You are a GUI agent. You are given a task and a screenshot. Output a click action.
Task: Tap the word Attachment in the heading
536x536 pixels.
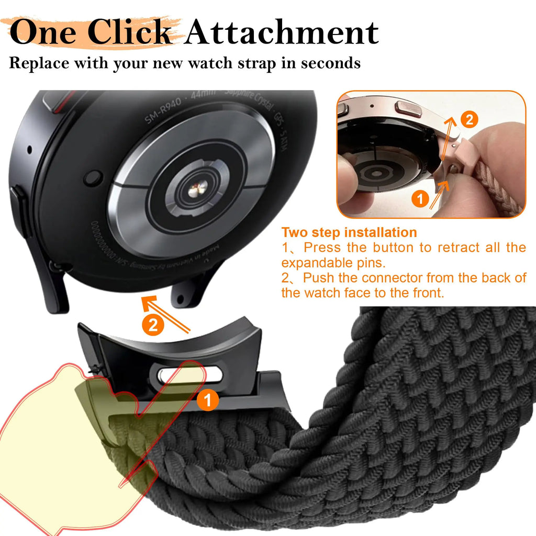[x=282, y=32]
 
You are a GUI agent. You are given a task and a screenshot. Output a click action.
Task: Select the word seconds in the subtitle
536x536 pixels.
[x=330, y=63]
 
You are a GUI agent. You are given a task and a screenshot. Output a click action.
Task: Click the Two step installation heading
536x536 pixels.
[x=349, y=232]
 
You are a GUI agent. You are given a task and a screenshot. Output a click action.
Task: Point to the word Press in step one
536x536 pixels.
[x=322, y=247]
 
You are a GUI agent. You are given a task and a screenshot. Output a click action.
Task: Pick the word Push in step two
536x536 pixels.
[x=321, y=277]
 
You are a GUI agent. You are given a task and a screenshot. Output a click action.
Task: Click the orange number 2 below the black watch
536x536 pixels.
[x=152, y=326]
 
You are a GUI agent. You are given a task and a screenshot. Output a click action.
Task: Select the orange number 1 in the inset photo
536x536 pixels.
[x=419, y=199]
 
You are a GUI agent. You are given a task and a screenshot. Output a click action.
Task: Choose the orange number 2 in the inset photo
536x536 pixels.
[x=469, y=120]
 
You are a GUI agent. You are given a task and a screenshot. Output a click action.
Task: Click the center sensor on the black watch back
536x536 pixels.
[x=200, y=186]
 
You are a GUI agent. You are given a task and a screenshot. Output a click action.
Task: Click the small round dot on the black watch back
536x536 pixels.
[x=93, y=178]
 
